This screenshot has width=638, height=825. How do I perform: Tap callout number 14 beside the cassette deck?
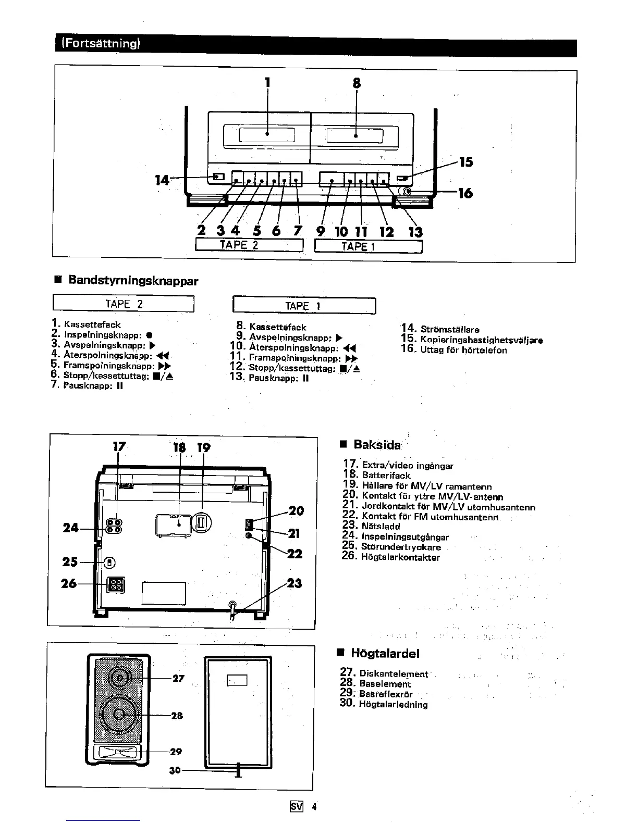pos(162,180)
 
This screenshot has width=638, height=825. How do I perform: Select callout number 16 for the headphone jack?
pos(465,193)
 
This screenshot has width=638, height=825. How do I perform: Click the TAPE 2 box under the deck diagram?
pos(249,245)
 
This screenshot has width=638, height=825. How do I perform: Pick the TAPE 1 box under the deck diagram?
pos(368,246)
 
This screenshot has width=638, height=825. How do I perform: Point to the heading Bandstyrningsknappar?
pos(133,281)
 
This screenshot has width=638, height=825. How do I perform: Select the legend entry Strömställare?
pos(449,329)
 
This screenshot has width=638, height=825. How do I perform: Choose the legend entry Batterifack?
pos(386,476)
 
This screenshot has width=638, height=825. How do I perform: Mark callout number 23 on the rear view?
pos(294,583)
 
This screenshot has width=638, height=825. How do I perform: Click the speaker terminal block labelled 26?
pos(115,585)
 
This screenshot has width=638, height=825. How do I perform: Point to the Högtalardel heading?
pos(385,654)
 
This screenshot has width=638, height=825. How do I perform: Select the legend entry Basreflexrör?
pos(386,694)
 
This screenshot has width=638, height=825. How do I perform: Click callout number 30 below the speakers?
pos(175,769)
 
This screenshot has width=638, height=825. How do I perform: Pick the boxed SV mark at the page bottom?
pos(296,807)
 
